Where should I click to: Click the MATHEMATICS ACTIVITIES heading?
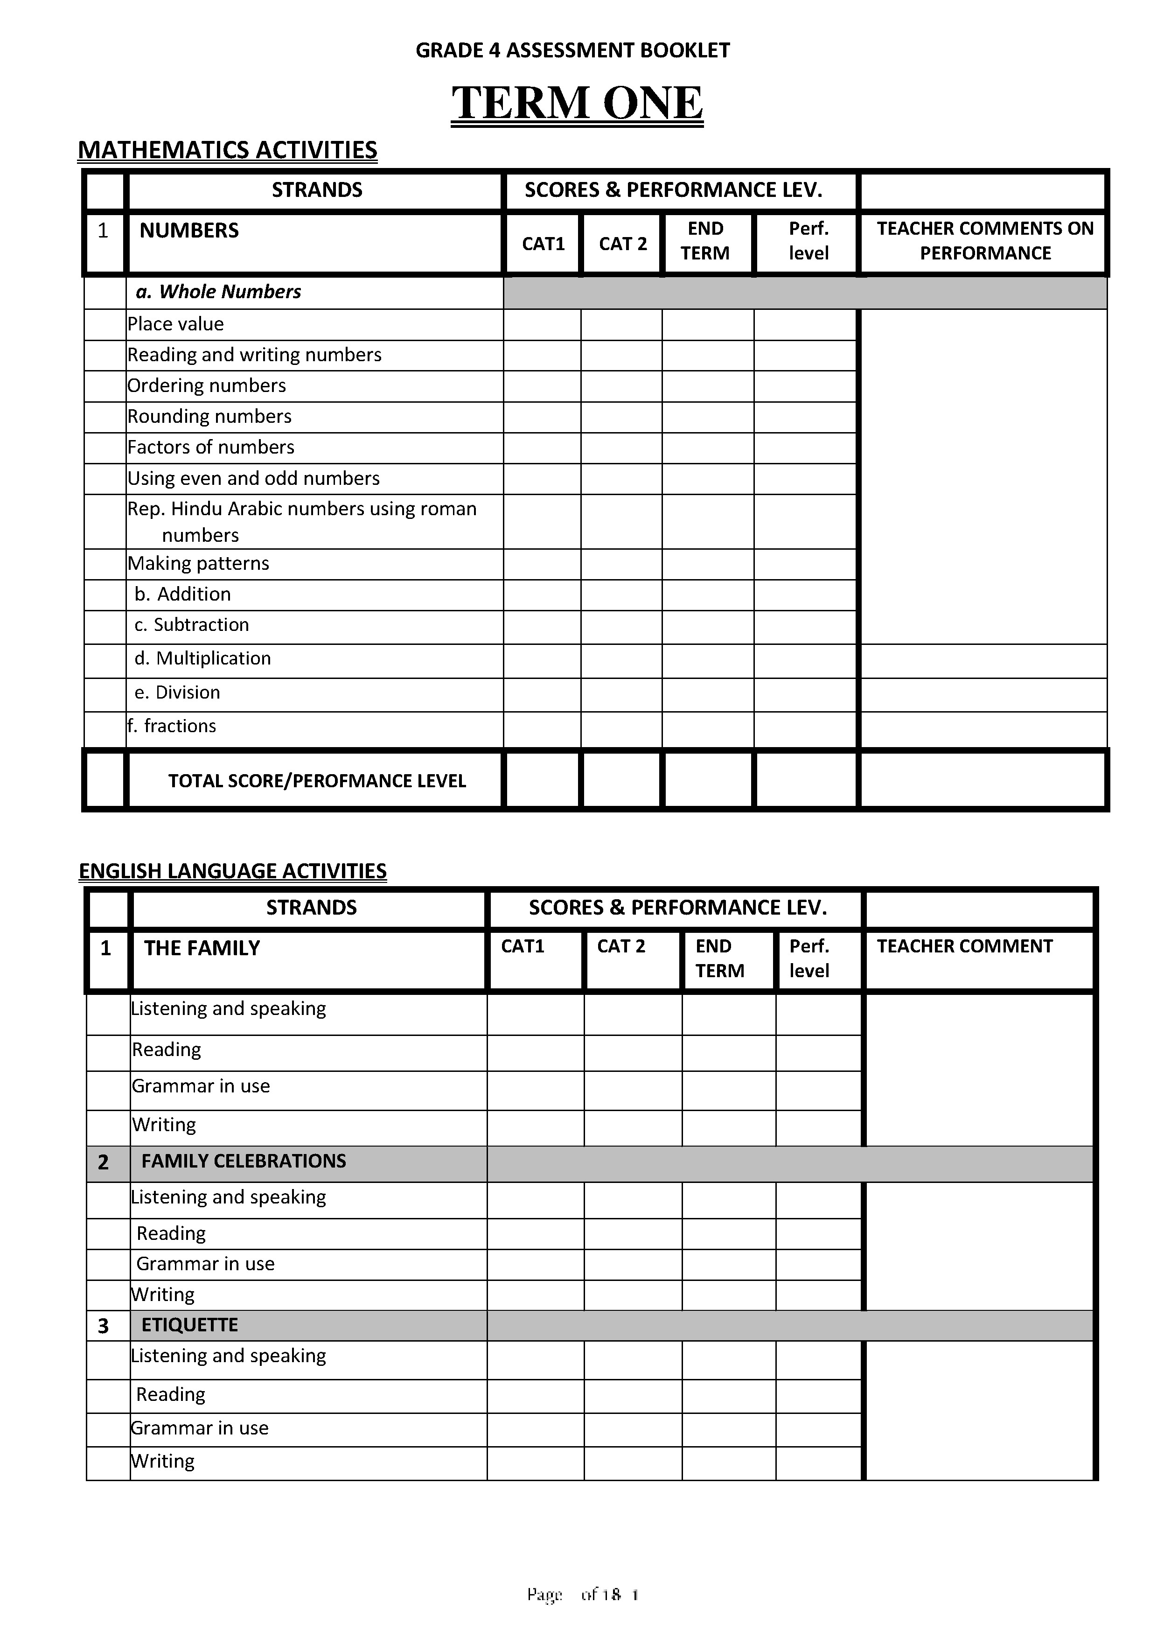point(227,150)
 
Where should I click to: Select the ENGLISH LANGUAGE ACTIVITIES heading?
point(232,871)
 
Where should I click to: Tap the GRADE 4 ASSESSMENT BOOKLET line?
point(572,50)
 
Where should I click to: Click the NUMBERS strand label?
point(189,231)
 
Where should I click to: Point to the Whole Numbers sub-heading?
point(218,292)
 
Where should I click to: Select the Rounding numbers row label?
point(209,416)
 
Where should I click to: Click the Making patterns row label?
point(198,563)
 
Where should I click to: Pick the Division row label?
point(177,693)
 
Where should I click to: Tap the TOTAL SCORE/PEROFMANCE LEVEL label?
point(316,781)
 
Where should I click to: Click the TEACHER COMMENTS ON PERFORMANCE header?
point(984,241)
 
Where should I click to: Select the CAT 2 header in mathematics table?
point(622,244)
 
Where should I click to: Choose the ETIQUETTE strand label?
point(189,1325)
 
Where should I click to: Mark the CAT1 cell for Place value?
point(542,324)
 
